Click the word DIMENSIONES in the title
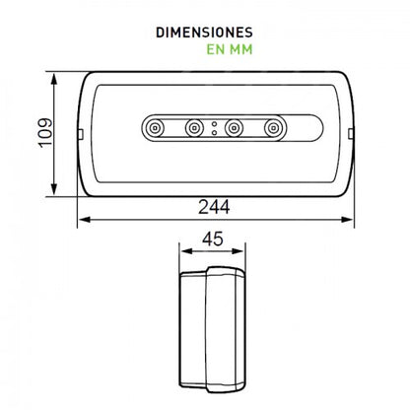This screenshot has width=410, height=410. (205, 32)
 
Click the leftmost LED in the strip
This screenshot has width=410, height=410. (154, 127)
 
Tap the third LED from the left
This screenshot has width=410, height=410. (235, 127)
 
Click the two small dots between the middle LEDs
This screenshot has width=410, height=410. (214, 127)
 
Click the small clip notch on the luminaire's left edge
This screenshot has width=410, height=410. (78, 134)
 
